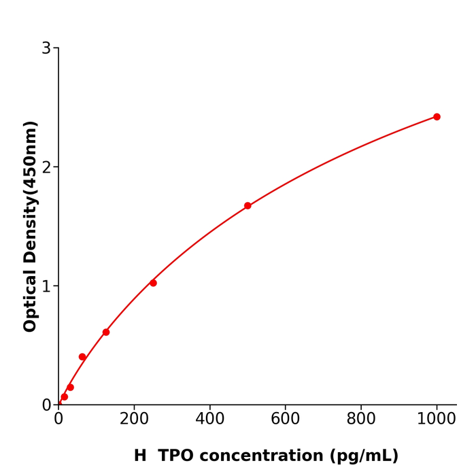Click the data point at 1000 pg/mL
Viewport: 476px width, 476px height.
[437, 117]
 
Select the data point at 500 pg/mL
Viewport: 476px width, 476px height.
[248, 205]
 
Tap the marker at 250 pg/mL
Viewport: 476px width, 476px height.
[153, 283]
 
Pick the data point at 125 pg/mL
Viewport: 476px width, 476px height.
[106, 333]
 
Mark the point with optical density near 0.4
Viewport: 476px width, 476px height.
[82, 357]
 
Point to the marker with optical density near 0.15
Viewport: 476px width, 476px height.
[70, 388]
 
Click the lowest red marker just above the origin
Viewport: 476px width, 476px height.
[65, 397]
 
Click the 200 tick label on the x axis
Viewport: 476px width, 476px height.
[134, 420]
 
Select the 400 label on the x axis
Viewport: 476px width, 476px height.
[209, 420]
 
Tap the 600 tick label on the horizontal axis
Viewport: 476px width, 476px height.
[285, 420]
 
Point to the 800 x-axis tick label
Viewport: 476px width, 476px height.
[360, 420]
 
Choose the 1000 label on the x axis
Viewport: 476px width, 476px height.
[437, 420]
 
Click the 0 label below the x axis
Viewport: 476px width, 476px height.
[58, 420]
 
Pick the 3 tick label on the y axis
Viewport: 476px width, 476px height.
[46, 48]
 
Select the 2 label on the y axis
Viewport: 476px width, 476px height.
[46, 167]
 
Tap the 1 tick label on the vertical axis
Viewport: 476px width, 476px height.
[46, 286]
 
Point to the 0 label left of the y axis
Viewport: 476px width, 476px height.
[46, 405]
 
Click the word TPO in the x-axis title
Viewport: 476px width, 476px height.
[176, 456]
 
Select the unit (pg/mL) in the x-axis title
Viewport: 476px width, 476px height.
[364, 456]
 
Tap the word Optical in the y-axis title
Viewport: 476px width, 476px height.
[30, 299]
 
